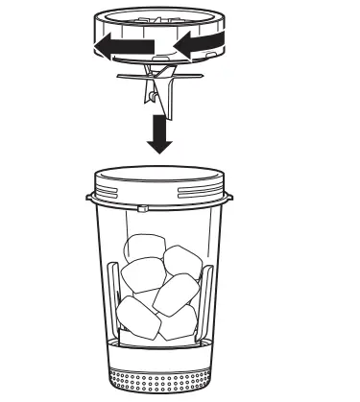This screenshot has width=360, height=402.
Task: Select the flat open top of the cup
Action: (x=160, y=176)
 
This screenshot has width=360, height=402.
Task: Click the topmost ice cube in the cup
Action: (x=145, y=248)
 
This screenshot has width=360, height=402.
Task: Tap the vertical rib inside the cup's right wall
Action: (x=207, y=297)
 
